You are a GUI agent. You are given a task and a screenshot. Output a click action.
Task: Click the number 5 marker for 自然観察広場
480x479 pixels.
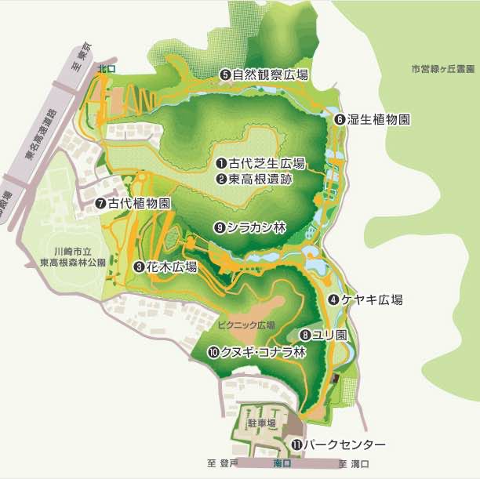(224, 74)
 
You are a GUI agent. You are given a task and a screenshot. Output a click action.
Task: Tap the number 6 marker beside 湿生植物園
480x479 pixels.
(340, 120)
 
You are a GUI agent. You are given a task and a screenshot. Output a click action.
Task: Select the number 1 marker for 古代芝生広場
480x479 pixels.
(222, 164)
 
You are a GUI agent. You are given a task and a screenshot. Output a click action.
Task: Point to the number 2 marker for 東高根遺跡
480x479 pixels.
(222, 179)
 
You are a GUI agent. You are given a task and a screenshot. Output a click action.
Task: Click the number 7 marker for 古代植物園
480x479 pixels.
(100, 203)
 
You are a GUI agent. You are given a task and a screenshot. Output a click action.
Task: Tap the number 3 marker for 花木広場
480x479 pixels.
(139, 267)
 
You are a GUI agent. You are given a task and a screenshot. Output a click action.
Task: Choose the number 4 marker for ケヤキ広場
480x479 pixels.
(333, 299)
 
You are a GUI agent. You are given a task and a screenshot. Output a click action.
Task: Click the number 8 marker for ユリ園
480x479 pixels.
(305, 335)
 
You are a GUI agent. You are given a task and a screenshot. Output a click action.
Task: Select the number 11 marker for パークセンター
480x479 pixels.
(296, 445)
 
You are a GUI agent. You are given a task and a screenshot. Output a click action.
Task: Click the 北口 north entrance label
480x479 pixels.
(105, 69)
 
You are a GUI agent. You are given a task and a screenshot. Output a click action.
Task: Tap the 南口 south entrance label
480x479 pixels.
(282, 464)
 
